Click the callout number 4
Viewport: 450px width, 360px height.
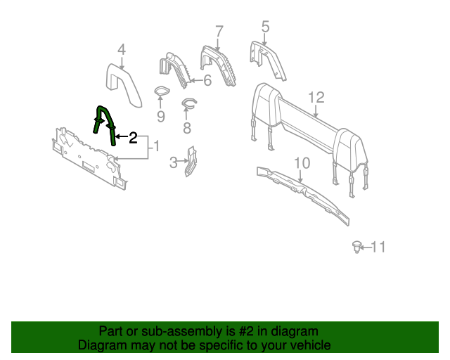click(x=121, y=50)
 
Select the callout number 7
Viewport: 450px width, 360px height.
click(x=219, y=31)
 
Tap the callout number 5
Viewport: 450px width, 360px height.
click(x=265, y=27)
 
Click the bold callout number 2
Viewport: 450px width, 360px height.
click(x=132, y=138)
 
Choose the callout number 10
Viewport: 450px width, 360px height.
click(x=301, y=163)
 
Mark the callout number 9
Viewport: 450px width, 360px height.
click(x=160, y=115)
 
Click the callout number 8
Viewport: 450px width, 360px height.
click(x=187, y=128)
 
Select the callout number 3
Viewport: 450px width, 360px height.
click(x=174, y=164)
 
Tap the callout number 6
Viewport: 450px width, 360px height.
click(x=207, y=80)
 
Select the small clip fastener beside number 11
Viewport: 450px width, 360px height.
click(x=357, y=246)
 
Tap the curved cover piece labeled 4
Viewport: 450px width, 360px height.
click(x=124, y=81)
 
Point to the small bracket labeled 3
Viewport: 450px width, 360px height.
click(x=191, y=162)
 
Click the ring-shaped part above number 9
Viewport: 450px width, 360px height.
click(x=161, y=93)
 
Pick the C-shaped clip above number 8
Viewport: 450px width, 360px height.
click(x=188, y=105)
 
